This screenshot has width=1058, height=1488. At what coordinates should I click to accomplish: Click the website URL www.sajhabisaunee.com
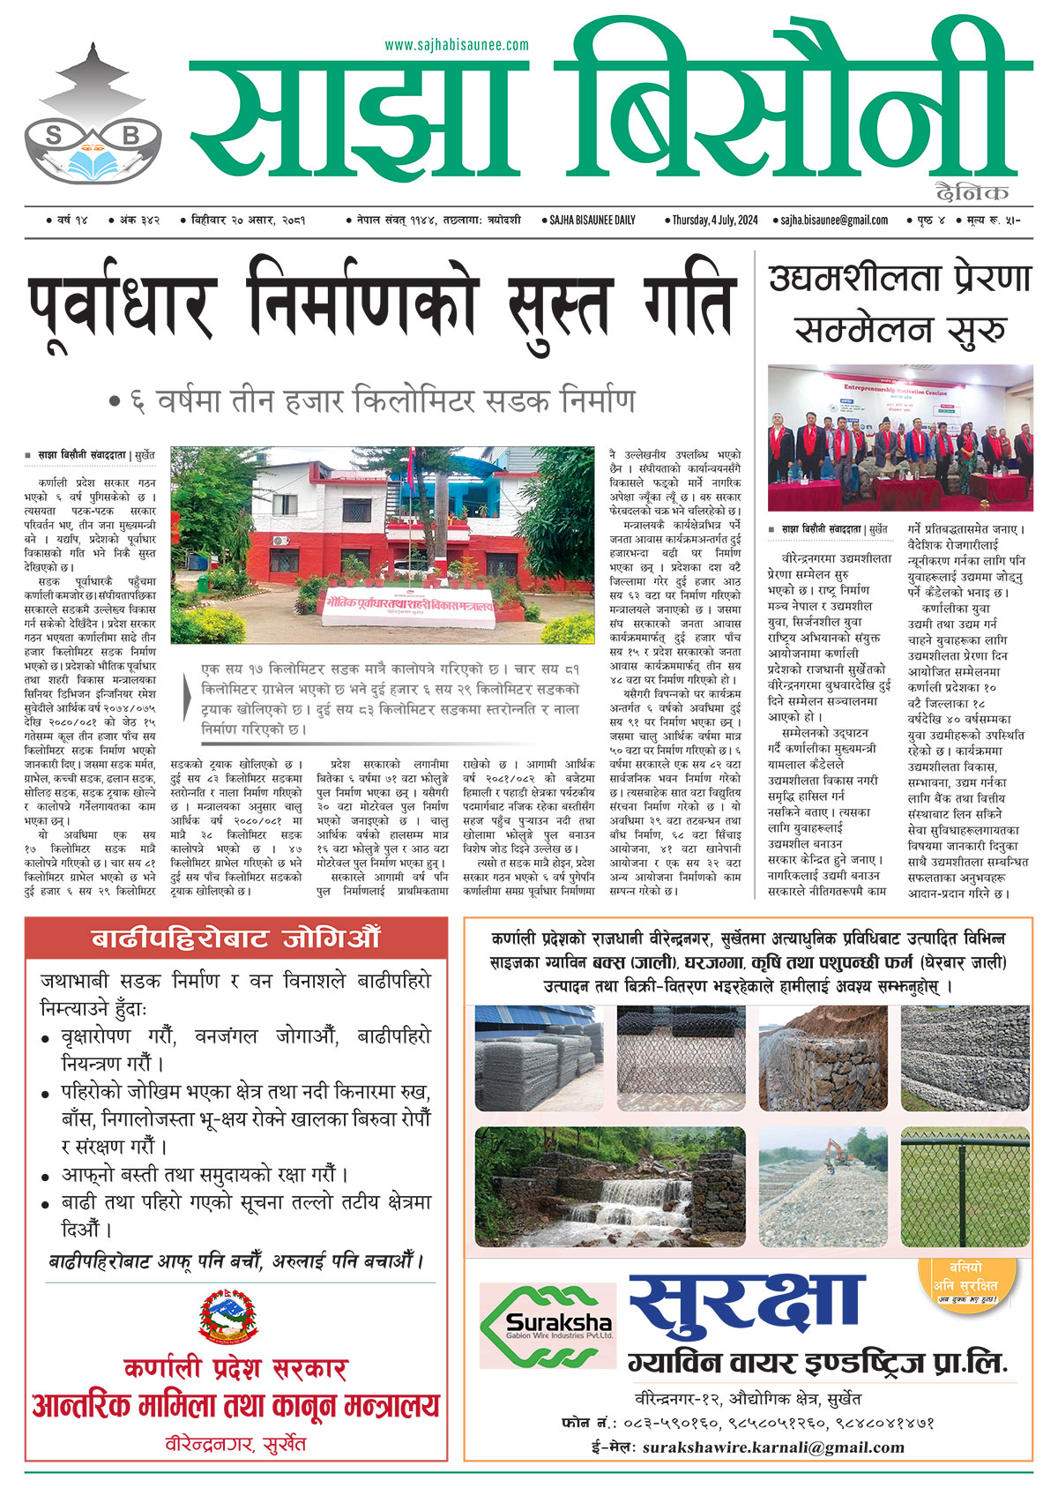457,44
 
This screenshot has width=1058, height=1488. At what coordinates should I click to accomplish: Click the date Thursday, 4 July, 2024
714,220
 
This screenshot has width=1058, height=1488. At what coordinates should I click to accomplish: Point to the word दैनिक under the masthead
972,192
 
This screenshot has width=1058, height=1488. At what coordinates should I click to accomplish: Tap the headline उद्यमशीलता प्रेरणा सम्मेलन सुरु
899,304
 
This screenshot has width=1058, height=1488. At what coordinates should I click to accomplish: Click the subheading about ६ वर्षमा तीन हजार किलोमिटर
371,402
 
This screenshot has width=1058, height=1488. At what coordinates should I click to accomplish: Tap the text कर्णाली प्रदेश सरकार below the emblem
235,1368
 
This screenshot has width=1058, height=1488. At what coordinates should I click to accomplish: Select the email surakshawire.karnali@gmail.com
773,1447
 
